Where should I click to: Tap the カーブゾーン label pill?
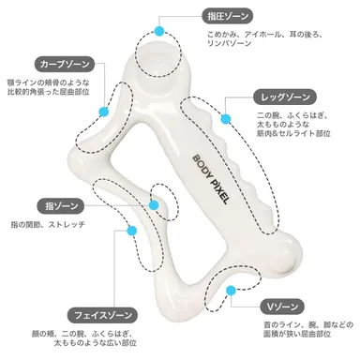click(x=63, y=65)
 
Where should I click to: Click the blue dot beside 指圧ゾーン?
click(x=159, y=31)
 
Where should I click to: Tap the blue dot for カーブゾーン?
click(x=102, y=110)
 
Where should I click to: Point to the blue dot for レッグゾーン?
click(x=226, y=116)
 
